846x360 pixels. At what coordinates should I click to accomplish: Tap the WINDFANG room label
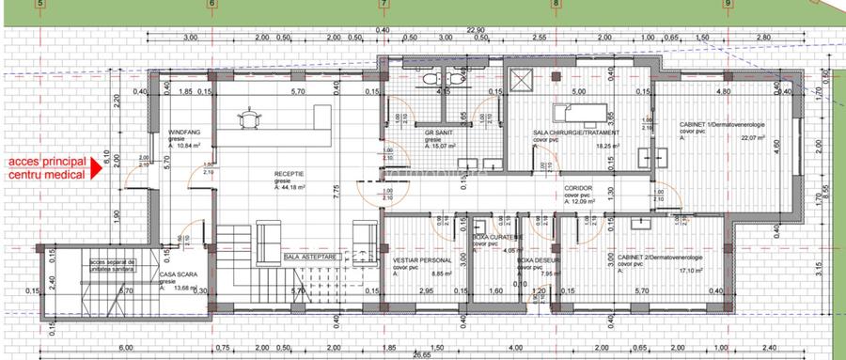(x=184, y=133)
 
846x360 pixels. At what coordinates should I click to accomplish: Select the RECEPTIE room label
(x=290, y=174)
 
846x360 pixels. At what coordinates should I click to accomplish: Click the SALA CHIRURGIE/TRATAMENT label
(x=567, y=133)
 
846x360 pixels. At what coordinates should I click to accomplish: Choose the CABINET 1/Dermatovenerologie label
(x=723, y=124)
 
